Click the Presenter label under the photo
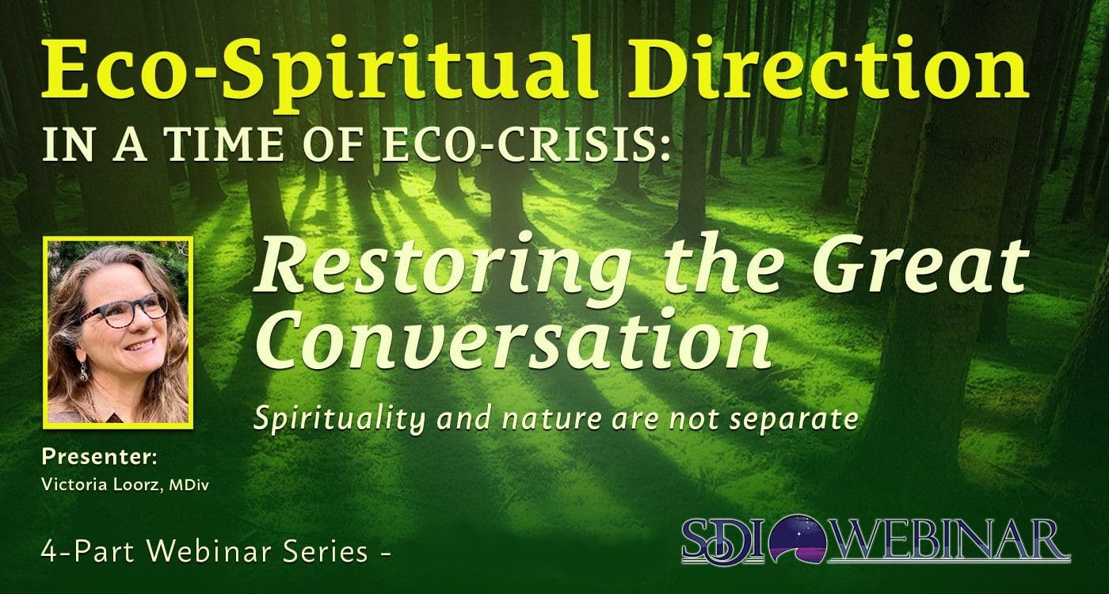(100, 457)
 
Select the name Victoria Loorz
(102, 485)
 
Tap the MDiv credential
(189, 485)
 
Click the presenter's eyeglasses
(122, 310)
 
